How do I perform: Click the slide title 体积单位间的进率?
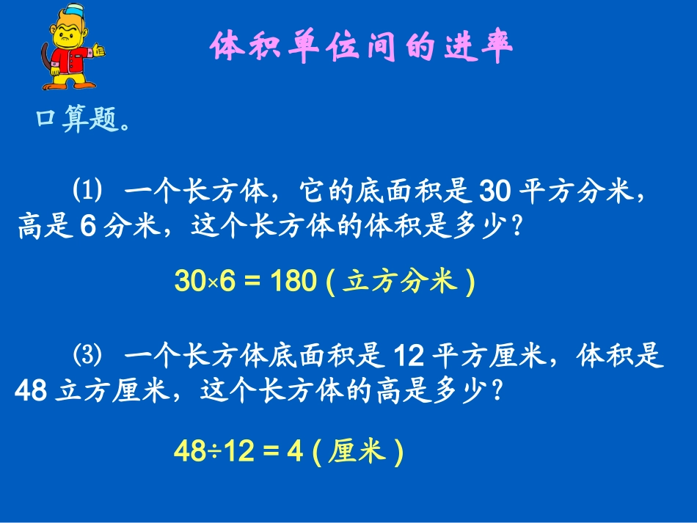tap(360, 47)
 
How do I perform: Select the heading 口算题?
tap(83, 120)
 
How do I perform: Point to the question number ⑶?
tap(86, 357)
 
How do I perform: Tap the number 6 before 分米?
tap(87, 227)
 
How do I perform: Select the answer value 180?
tap(293, 281)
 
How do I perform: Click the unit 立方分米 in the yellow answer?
tap(401, 281)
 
